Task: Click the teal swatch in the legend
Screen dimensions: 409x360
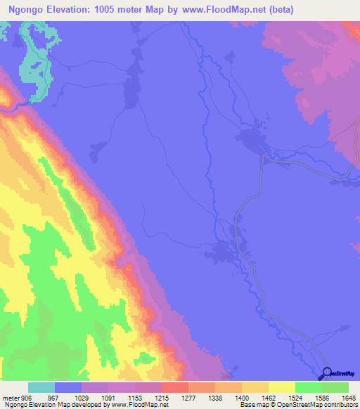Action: click(x=41, y=387)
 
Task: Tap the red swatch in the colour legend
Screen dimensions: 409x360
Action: click(x=174, y=387)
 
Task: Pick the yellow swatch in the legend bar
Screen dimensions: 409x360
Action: click(x=281, y=387)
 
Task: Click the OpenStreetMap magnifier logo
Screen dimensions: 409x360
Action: click(x=326, y=373)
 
